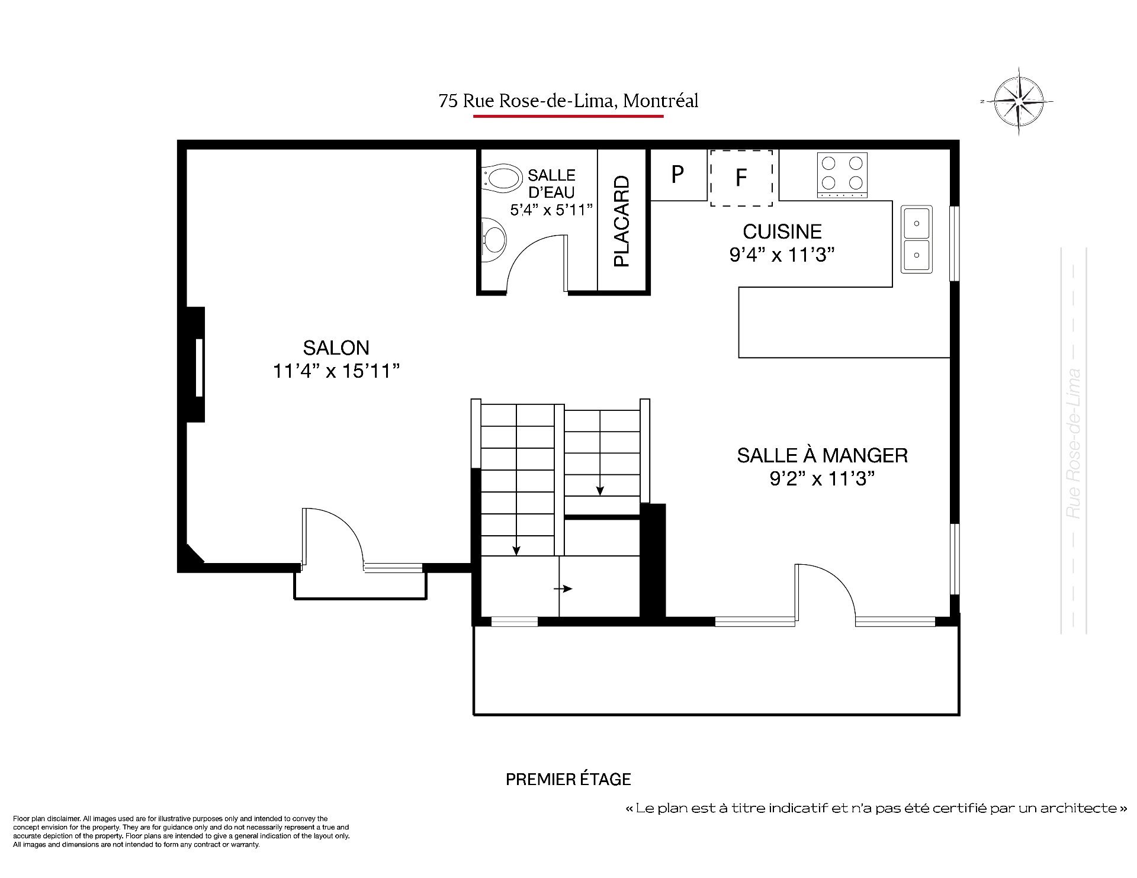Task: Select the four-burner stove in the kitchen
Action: (x=842, y=175)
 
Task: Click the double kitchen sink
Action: (x=916, y=239)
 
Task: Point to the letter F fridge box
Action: (x=741, y=178)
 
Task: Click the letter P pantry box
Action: (x=679, y=175)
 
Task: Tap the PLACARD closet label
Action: (x=621, y=221)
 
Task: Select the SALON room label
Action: (x=336, y=348)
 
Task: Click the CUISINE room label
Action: (x=782, y=231)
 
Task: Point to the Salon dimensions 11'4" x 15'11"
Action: (x=336, y=371)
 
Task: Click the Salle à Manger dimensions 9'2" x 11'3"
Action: (x=822, y=478)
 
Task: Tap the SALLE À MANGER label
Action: (x=822, y=455)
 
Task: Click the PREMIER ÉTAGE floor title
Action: (x=568, y=779)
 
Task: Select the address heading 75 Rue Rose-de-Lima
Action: (x=568, y=101)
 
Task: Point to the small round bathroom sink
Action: (x=494, y=240)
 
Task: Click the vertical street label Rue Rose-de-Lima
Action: (x=1073, y=444)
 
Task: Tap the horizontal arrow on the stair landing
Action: (x=563, y=588)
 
